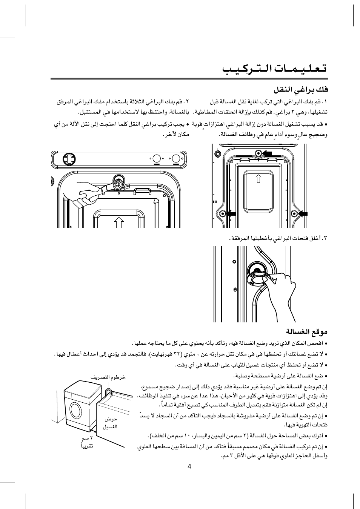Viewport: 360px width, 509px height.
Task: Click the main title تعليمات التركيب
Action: [x=274, y=69]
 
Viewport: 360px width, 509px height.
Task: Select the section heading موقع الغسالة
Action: [x=306, y=332]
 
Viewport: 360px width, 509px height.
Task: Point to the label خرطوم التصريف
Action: [x=108, y=377]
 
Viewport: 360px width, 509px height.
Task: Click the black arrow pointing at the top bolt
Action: [x=267, y=153]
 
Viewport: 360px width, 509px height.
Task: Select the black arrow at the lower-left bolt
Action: [x=231, y=214]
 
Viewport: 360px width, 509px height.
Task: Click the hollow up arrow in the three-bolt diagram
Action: [x=258, y=178]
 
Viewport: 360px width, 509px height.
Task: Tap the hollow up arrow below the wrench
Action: [x=119, y=222]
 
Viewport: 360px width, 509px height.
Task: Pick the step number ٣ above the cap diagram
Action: [x=325, y=238]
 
